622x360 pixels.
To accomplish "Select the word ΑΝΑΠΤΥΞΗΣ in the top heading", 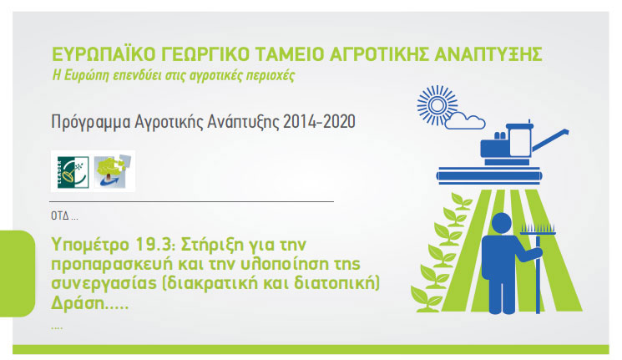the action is [x=488, y=54].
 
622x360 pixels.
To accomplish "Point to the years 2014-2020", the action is [x=319, y=122].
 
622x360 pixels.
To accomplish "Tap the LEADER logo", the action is [x=73, y=172].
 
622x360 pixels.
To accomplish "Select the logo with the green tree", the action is [x=112, y=171].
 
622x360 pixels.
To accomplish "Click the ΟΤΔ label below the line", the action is [x=60, y=216].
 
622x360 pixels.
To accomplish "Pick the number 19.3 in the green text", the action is [x=155, y=245].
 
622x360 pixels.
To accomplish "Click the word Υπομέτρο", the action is [x=90, y=246].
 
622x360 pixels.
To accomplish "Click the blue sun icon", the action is [x=437, y=105].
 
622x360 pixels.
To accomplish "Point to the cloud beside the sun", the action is [x=465, y=120].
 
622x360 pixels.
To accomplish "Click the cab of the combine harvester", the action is [x=519, y=140].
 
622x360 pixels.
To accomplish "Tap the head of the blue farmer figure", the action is [x=502, y=223].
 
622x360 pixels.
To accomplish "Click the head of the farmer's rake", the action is [x=538, y=230].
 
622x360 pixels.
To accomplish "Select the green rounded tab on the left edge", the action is [x=18, y=273].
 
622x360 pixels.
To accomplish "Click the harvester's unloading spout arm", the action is [x=550, y=139].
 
